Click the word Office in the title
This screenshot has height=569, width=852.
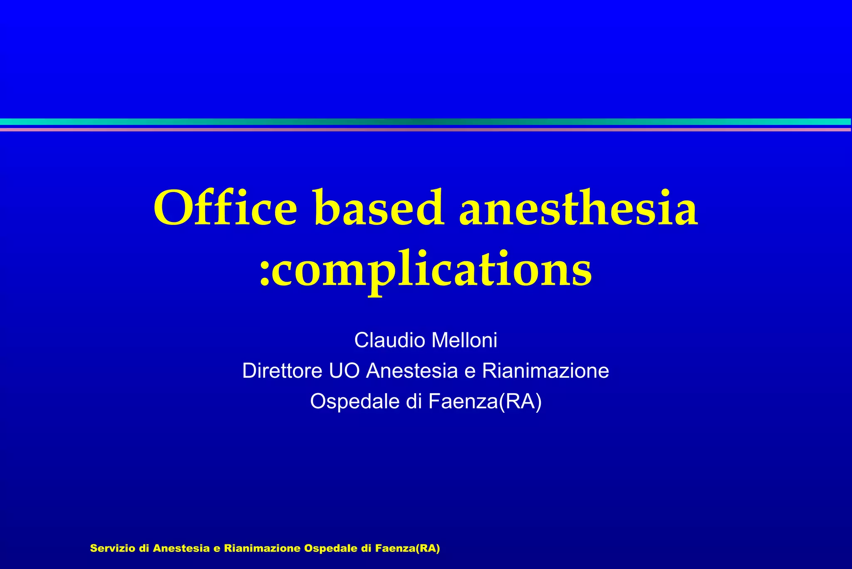point(225,208)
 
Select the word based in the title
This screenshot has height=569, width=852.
point(378,208)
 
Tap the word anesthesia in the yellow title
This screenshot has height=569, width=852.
point(578,208)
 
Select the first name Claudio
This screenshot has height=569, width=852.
point(390,340)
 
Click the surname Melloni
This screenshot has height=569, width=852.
point(464,340)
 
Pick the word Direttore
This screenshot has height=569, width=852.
point(282,371)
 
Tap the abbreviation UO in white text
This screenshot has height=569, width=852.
point(344,371)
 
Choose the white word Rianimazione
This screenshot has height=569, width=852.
point(545,371)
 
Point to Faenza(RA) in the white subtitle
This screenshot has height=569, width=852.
point(485,401)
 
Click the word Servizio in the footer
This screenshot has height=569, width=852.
point(113,548)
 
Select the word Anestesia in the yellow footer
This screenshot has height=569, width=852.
point(181,548)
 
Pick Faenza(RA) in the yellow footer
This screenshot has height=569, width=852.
point(407,548)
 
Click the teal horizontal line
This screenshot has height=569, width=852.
point(426,122)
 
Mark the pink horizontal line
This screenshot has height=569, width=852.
point(426,130)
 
